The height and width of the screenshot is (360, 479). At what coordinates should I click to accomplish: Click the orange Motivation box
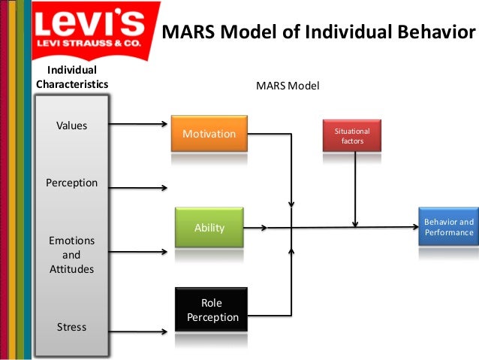[x=209, y=135]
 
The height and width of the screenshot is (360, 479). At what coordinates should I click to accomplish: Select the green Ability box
[x=209, y=227]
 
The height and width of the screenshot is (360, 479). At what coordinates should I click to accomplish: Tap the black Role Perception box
[x=212, y=310]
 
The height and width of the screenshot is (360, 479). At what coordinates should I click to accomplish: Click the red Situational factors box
[x=352, y=135]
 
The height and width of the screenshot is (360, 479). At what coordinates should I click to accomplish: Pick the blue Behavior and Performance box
[x=448, y=227]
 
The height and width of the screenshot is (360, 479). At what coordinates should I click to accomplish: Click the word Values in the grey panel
[x=72, y=126]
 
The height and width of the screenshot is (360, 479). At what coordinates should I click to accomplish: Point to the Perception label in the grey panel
[x=72, y=183]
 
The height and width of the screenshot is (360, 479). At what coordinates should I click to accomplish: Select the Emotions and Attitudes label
[x=72, y=255]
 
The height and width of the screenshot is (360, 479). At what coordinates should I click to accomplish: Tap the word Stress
[x=72, y=327]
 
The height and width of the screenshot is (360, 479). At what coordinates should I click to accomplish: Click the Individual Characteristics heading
[x=72, y=77]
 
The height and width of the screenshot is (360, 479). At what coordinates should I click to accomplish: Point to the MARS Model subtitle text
[x=288, y=86]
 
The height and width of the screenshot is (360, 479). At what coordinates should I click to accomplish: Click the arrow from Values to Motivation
[x=140, y=124]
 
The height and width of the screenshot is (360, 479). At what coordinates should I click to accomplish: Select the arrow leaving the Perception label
[x=140, y=188]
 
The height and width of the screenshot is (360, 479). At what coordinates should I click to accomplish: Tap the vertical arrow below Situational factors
[x=354, y=188]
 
